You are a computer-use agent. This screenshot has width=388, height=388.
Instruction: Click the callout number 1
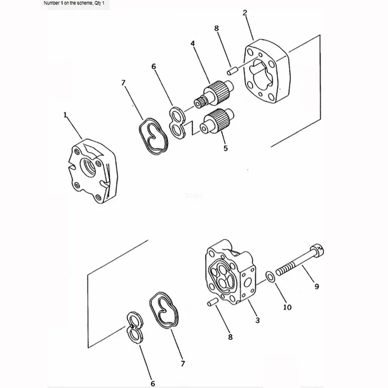[65, 115]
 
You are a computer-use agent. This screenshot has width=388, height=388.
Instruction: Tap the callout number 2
[245, 13]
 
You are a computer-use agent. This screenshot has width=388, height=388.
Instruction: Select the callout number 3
[258, 320]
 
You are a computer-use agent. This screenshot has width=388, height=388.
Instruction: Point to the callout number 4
[192, 43]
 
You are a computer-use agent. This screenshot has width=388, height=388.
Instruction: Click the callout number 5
[225, 148]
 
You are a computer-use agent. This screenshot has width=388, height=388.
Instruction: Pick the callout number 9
[317, 286]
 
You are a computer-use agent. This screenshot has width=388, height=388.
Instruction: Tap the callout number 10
[287, 307]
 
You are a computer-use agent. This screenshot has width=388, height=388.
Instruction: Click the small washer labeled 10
[270, 277]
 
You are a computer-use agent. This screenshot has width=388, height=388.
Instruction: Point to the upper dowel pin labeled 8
[232, 71]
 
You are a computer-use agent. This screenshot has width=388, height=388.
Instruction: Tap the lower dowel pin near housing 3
[212, 302]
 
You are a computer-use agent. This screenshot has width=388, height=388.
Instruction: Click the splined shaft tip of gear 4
[201, 103]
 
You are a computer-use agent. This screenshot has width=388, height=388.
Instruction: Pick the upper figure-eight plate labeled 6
[177, 122]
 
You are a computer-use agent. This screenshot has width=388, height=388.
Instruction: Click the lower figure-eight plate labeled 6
[135, 328]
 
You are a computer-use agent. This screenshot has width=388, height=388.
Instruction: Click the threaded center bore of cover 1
[88, 167]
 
